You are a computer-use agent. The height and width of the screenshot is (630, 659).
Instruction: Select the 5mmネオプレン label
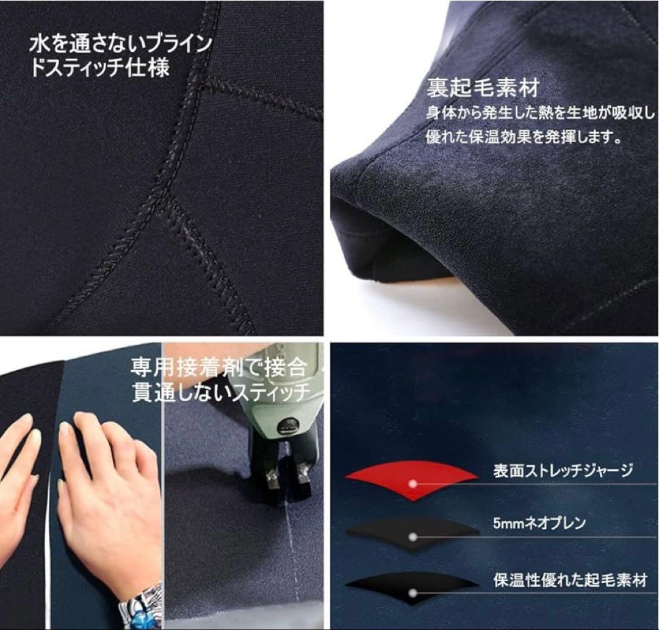point(539,523)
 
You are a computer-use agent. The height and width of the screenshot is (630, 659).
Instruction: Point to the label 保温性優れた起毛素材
point(570,580)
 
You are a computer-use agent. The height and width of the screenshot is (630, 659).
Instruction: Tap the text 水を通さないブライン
point(121,44)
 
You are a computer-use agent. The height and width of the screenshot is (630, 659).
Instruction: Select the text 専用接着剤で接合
point(218,367)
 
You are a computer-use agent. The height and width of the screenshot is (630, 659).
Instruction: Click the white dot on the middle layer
point(413,537)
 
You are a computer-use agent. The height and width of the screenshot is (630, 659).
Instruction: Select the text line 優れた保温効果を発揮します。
point(524,138)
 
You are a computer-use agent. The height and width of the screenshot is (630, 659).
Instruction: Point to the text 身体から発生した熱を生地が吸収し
point(539,113)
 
